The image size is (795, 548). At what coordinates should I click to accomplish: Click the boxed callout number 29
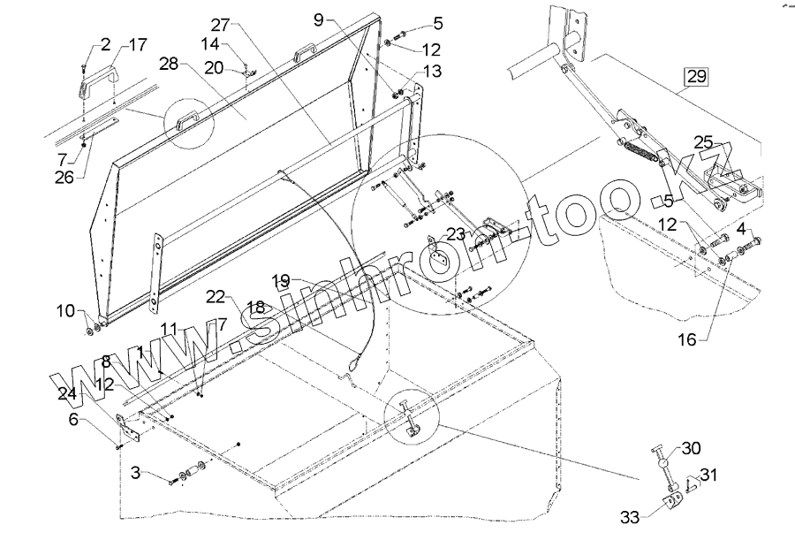[x=696, y=76]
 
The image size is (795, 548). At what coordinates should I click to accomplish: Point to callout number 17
[x=139, y=44]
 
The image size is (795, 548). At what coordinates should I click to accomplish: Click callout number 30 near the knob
[x=690, y=448]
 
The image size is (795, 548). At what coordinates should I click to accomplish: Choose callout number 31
[x=709, y=475]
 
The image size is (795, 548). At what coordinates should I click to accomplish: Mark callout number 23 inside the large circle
[x=455, y=235]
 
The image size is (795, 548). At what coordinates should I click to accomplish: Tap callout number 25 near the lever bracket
[x=702, y=142]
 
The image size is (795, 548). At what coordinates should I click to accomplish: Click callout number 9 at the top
[x=319, y=18]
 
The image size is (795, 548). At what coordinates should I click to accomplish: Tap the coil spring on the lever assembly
[x=643, y=154]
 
